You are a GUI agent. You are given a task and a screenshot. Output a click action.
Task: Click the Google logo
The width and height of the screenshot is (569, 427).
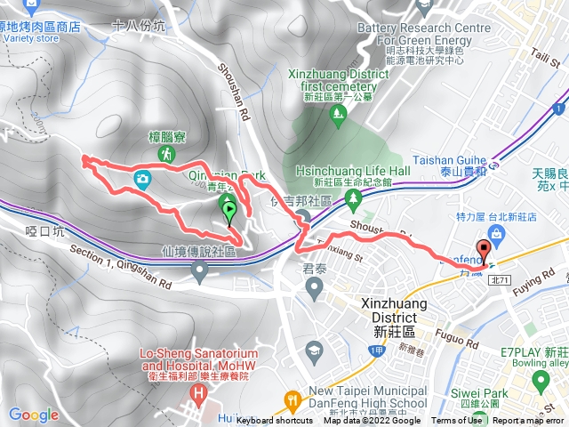pos(33,415)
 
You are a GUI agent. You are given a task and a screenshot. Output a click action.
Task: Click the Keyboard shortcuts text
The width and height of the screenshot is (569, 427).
pos(275,421)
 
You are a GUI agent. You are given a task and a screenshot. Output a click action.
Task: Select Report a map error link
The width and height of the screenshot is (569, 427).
pos(528,421)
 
